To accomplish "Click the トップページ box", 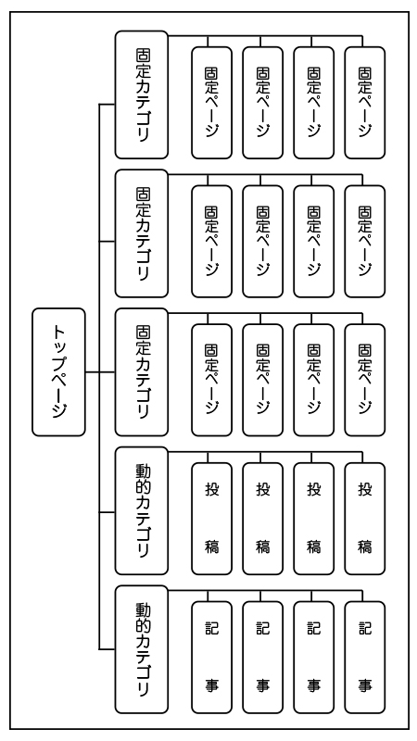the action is tap(58, 372).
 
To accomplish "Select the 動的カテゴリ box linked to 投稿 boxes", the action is tap(142, 511).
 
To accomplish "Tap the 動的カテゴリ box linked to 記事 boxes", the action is tap(142, 649).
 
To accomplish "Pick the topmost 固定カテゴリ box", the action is tap(142, 95).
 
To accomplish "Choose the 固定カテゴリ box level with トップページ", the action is tap(142, 372).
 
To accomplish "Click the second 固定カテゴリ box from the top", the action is tap(142, 233).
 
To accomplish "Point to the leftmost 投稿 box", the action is tap(212, 519).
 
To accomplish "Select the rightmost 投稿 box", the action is tap(364, 519).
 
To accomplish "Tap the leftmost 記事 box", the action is tap(212, 658).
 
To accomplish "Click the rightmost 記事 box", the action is tap(364, 658).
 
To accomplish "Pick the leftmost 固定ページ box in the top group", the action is tap(212, 103).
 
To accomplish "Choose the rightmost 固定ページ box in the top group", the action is tap(364, 103).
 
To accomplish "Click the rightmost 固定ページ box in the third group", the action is tap(364, 380).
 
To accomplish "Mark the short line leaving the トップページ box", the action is tap(92, 372).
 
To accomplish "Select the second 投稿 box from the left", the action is tap(263, 519).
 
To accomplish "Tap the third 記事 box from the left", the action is tap(314, 658).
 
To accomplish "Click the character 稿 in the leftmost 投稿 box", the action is tap(212, 546).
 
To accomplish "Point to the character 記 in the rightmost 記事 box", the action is tap(364, 629).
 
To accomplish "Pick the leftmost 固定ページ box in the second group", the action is tap(212, 242).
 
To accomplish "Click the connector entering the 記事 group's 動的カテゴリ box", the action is tap(107, 649).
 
